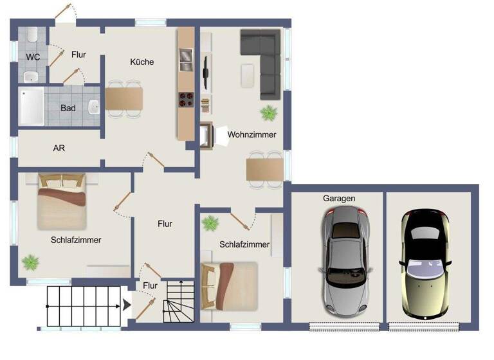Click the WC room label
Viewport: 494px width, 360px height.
click(x=33, y=57)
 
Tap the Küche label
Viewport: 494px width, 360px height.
click(x=142, y=62)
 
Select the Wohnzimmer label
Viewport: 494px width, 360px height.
click(x=252, y=135)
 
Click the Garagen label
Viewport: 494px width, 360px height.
click(x=339, y=199)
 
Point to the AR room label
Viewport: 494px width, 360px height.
click(x=59, y=148)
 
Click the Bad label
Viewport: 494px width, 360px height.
click(x=68, y=108)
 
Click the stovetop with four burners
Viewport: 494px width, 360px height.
click(x=186, y=100)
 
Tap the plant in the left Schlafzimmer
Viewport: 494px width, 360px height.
click(x=30, y=262)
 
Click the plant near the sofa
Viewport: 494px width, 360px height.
click(x=268, y=114)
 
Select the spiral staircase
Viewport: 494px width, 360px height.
click(x=177, y=301)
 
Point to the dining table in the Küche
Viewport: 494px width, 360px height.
click(x=124, y=98)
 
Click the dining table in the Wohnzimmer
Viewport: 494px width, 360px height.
click(x=264, y=170)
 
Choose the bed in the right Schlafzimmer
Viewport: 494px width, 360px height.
click(x=229, y=283)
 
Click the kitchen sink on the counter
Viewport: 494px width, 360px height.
click(x=185, y=58)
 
